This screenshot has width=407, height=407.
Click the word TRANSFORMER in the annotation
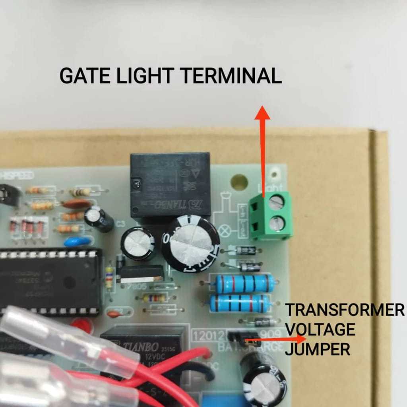345,310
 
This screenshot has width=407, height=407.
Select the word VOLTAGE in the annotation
320,329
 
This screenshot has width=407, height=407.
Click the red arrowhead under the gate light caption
262,113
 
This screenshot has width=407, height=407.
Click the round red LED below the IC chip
82,325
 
